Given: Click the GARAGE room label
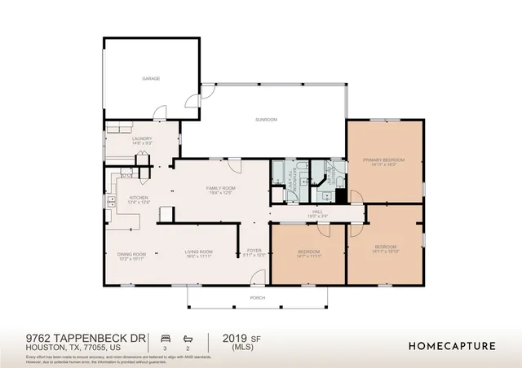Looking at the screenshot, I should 151,79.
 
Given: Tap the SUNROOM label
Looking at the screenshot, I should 266,120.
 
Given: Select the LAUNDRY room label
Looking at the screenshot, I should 143,139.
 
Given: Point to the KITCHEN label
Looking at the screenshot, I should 136,198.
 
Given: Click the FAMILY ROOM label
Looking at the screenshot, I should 220,188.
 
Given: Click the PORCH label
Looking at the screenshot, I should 258,298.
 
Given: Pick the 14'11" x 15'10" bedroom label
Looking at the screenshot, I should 385,248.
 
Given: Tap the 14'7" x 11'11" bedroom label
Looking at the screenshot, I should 309,252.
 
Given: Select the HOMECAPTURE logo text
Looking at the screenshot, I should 452,346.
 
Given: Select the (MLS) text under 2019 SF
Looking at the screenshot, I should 234,348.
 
